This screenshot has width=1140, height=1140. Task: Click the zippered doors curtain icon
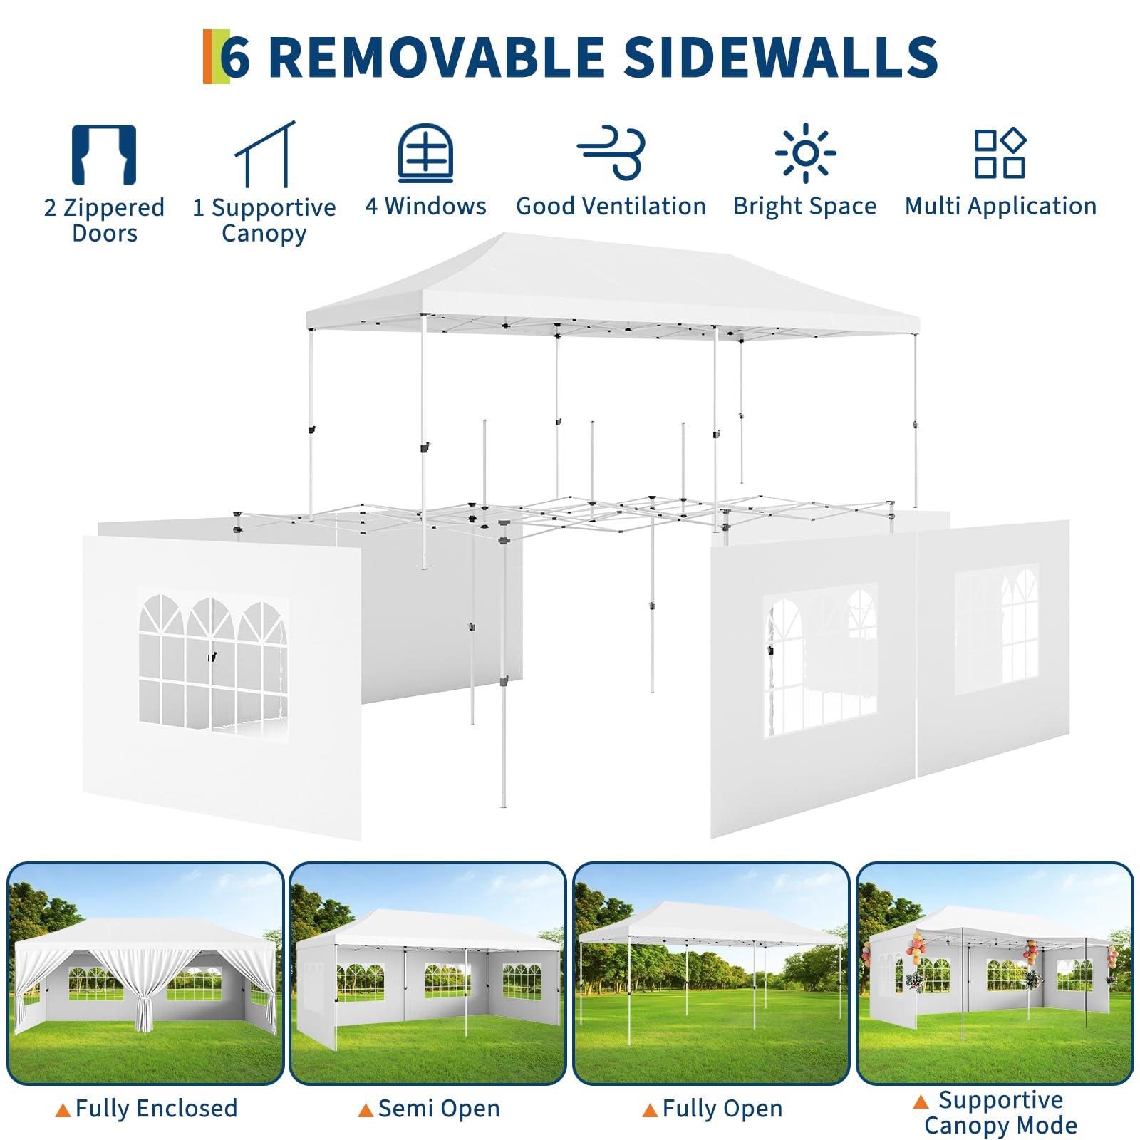[x=104, y=155]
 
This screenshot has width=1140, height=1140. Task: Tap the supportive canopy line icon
[x=265, y=154]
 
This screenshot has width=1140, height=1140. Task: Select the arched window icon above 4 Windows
[x=425, y=153]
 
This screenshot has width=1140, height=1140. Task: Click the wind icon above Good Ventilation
[x=611, y=152]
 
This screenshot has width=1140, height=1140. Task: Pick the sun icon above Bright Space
[x=805, y=152]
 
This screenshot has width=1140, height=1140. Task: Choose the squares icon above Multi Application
[x=1000, y=152]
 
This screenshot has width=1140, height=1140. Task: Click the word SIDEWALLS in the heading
[x=781, y=57]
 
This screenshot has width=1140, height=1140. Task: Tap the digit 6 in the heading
[x=236, y=58]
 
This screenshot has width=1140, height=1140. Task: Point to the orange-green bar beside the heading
[x=216, y=56]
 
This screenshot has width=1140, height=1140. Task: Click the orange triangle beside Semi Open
[x=366, y=1110]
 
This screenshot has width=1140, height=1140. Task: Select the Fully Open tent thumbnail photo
[x=711, y=973]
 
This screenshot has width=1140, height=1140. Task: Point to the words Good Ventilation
[x=611, y=206]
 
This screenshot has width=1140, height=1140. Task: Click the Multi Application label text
[x=1001, y=207]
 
